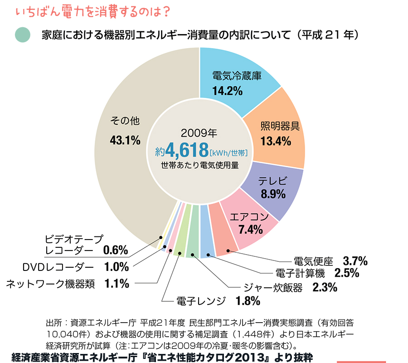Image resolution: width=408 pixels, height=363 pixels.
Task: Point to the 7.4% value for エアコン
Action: pos(250,230)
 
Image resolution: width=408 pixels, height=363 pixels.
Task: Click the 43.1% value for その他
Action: pos(125,140)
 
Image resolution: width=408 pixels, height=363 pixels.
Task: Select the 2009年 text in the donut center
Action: pos(199,133)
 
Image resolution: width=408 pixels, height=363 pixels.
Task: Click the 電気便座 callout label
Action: pos(313,261)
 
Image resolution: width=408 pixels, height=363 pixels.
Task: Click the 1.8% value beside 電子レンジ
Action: pos(248,300)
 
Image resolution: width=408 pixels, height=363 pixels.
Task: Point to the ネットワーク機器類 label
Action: pos(51,284)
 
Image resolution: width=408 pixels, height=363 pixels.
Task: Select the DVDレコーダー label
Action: pos(58,267)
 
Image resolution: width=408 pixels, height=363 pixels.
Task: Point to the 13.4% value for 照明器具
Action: pos(276,141)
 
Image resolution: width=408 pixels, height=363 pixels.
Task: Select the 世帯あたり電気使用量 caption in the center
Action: pos(199,165)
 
